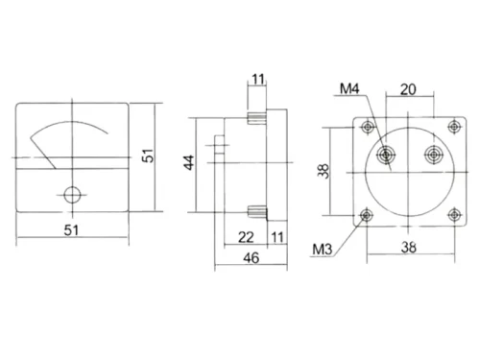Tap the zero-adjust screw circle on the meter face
(x=71, y=194)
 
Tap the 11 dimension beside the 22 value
(x=276, y=237)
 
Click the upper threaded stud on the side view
(x=256, y=119)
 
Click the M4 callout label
(x=348, y=90)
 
